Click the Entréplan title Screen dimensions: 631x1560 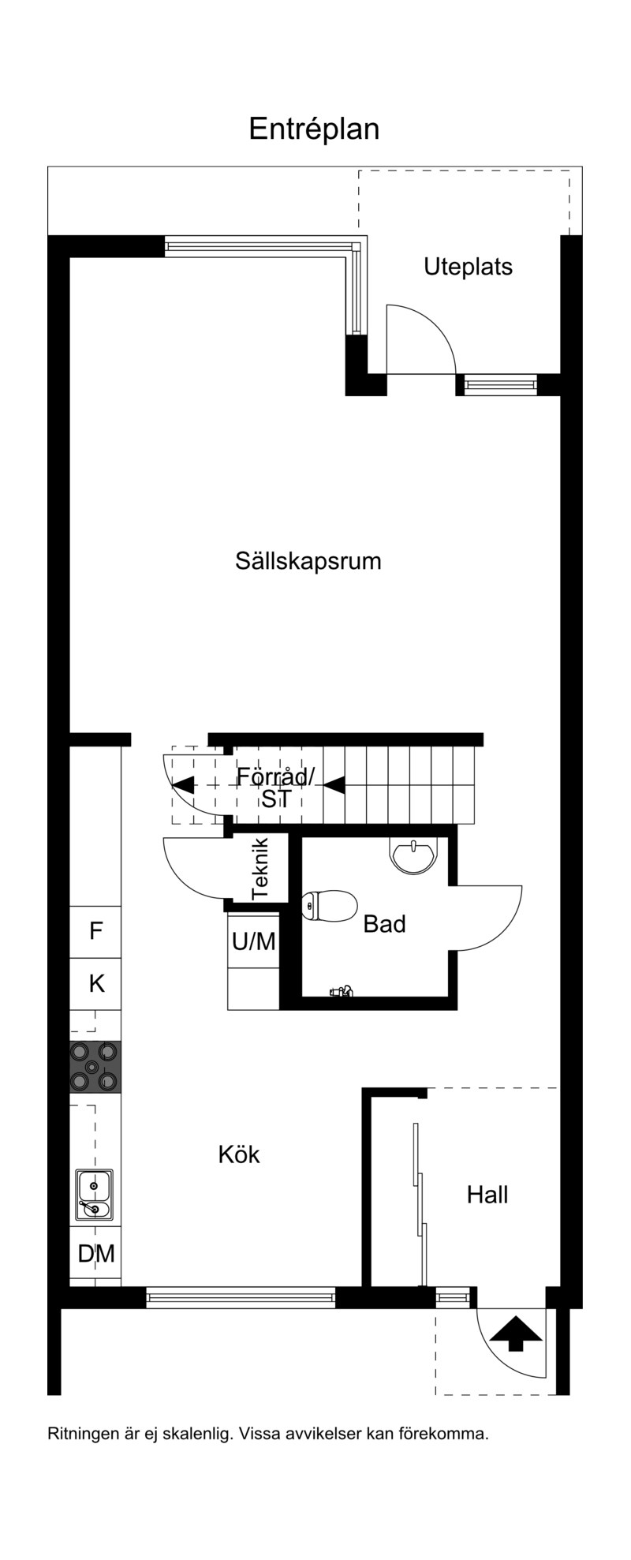pyautogui.click(x=314, y=129)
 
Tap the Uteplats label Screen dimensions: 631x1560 pyautogui.click(x=468, y=267)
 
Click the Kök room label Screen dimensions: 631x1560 pyautogui.click(x=239, y=1154)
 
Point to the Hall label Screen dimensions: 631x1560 pyautogui.click(x=487, y=1195)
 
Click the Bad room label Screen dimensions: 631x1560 pyautogui.click(x=384, y=924)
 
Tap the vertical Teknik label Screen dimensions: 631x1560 pyautogui.click(x=260, y=869)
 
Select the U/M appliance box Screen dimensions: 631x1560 pyautogui.click(x=253, y=941)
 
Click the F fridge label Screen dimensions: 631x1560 pyautogui.click(x=95, y=931)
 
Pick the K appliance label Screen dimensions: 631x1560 pyautogui.click(x=96, y=984)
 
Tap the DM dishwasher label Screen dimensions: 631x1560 pyautogui.click(x=96, y=1253)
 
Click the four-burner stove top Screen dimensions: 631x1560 pyautogui.click(x=95, y=1068)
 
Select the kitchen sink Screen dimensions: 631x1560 pyautogui.click(x=95, y=1195)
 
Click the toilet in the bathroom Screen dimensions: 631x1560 pyautogui.click(x=330, y=905)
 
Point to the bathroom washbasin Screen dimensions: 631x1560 pyautogui.click(x=413, y=855)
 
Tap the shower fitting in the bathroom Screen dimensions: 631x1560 pyautogui.click(x=341, y=992)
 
